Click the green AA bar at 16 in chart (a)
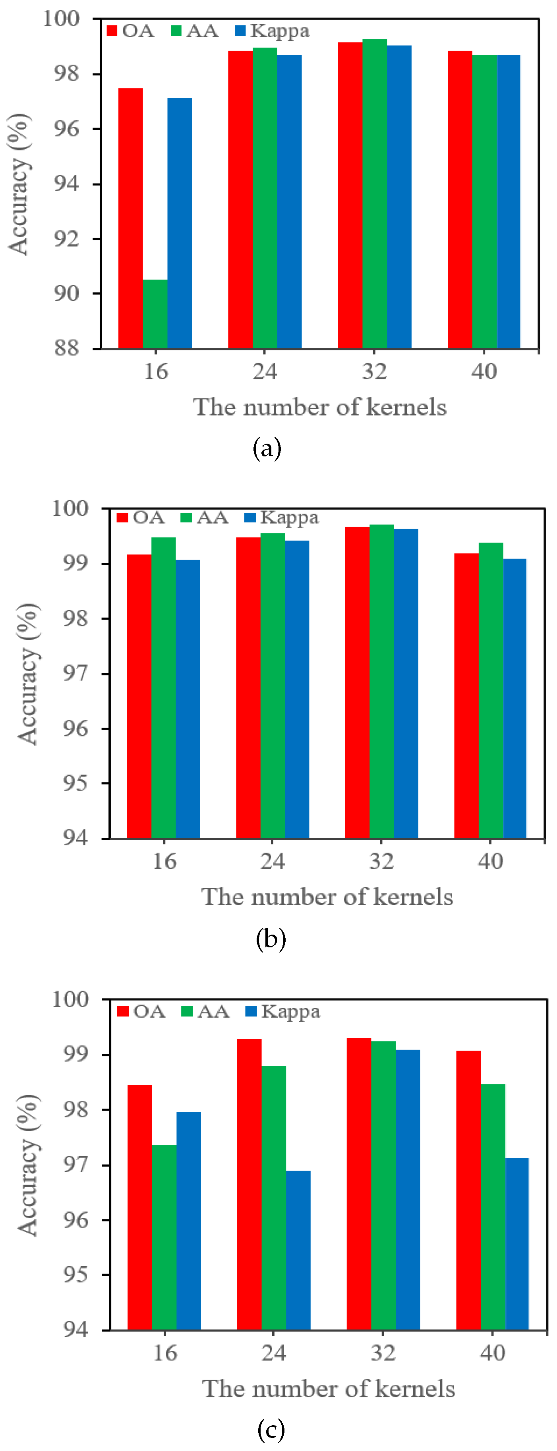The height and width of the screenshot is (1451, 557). click(x=155, y=314)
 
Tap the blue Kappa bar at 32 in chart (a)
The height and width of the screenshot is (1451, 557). click(x=399, y=197)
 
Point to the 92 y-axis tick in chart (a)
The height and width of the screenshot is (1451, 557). click(x=66, y=238)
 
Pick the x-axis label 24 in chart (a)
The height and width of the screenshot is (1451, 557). click(x=265, y=372)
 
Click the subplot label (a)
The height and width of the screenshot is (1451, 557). click(x=267, y=449)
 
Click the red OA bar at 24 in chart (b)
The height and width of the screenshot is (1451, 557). click(x=248, y=688)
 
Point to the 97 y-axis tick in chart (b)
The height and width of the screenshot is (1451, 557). click(x=75, y=673)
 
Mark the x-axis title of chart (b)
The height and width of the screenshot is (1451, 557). click(x=327, y=897)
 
